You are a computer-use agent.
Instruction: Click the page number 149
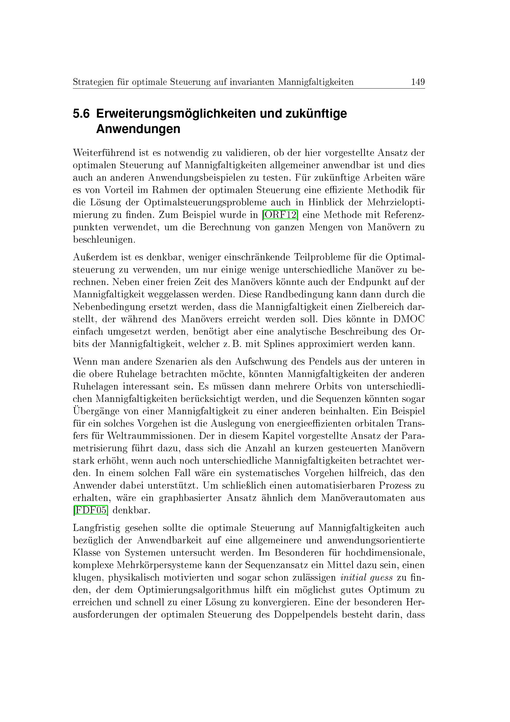coord(418,82)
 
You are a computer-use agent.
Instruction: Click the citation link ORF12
coord(280,215)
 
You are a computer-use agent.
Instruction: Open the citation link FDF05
coord(90,510)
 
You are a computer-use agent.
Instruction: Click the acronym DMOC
coord(409,319)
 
